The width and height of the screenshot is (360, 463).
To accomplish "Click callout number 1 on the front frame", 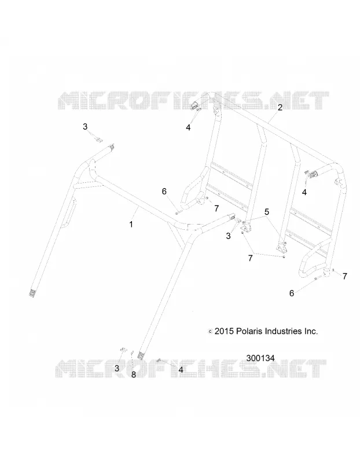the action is click(131, 225).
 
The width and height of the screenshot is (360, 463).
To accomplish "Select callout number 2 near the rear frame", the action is click(280, 108).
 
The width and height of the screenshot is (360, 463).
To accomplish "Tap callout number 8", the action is click(134, 374).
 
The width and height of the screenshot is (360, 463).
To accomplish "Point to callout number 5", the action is click(267, 212).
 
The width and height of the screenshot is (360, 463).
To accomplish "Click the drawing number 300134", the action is click(260, 358).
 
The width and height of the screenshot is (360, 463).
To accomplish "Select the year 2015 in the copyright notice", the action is click(224, 331).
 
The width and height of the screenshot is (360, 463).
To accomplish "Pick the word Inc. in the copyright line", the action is click(311, 331).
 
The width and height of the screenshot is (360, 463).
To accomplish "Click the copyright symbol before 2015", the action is click(210, 332).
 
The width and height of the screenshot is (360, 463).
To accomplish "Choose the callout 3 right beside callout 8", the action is click(117, 368).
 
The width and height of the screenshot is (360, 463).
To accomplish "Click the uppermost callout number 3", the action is click(85, 127).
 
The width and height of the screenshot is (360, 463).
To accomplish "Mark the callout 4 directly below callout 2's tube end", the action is click(304, 192).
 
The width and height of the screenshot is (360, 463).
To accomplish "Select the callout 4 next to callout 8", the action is click(181, 369).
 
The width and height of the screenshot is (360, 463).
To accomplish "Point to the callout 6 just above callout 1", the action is click(164, 192).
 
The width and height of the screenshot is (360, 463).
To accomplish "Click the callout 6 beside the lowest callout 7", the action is click(292, 293).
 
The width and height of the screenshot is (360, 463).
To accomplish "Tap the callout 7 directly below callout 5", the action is click(251, 258).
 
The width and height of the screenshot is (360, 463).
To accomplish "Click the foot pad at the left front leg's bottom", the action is click(32, 293).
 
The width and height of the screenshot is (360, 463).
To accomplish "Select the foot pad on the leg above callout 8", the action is click(141, 355).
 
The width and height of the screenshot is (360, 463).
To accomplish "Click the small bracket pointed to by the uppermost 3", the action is click(98, 139).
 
